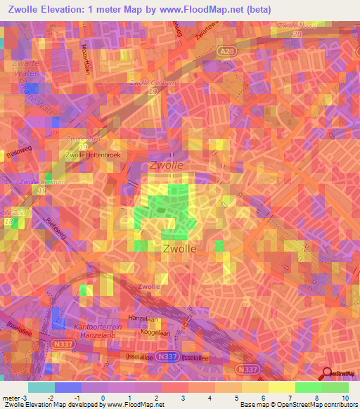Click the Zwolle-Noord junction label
click(x=298, y=26)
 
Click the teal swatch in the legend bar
click(x=41, y=387)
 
